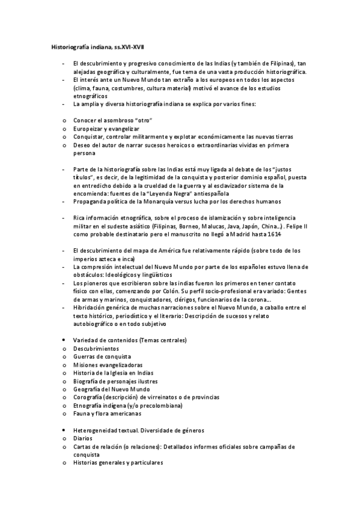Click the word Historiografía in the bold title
pyautogui.click(x=70, y=46)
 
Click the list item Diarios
pyautogui.click(x=82, y=439)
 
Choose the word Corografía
pyautogui.click(x=89, y=398)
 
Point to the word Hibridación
pyautogui.click(x=91, y=307)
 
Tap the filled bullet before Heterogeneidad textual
pyautogui.click(x=63, y=431)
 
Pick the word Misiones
pyautogui.click(x=84, y=364)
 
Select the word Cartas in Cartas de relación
pyautogui.click(x=81, y=447)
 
